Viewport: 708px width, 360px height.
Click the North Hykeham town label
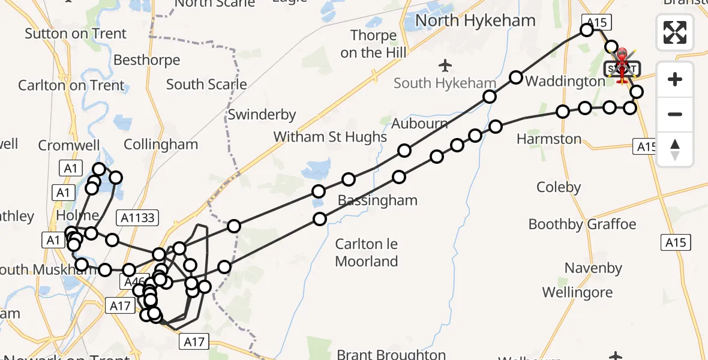(475, 20)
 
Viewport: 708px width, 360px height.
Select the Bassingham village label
(377, 200)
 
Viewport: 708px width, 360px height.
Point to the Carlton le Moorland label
(367, 253)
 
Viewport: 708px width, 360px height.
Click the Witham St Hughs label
(330, 137)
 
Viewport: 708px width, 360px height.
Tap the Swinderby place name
(262, 114)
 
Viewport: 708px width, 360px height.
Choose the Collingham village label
(160, 145)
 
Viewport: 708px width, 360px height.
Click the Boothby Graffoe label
(582, 224)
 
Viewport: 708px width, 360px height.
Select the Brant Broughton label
(391, 355)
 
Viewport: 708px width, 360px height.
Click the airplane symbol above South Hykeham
(445, 65)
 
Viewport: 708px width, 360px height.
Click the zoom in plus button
(675, 79)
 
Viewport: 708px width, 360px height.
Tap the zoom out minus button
(675, 114)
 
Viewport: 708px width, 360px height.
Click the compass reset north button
(675, 149)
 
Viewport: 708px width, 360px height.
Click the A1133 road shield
(138, 218)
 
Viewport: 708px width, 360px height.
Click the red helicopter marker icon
(622, 64)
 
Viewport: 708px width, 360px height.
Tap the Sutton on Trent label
(76, 34)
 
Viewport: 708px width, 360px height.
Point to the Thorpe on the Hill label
(373, 44)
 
